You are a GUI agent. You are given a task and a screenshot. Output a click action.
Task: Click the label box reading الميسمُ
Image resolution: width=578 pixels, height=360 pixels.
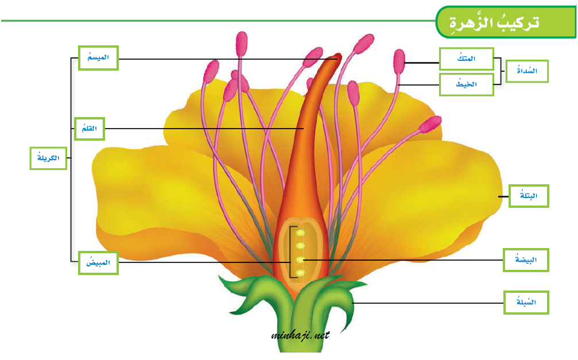[x=98, y=58]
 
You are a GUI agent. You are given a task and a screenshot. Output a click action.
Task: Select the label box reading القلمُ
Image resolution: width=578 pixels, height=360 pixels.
[x=90, y=128]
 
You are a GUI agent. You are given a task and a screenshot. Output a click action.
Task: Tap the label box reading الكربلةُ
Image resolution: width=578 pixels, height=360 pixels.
[x=48, y=158]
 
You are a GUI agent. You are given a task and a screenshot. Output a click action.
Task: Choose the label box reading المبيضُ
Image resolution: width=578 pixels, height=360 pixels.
[x=98, y=262]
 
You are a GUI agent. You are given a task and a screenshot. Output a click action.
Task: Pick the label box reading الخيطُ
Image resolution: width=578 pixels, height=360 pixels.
[x=466, y=84]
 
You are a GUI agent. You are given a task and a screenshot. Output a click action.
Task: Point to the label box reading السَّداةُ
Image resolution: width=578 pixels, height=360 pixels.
[x=526, y=71]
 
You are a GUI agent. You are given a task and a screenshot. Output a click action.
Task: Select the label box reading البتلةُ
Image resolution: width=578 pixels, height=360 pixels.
[x=529, y=196]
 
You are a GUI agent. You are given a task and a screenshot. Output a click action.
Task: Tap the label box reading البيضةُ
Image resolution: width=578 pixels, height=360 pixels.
[x=526, y=260]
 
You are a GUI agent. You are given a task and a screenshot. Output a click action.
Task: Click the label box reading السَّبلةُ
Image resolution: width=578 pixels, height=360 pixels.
[x=526, y=302]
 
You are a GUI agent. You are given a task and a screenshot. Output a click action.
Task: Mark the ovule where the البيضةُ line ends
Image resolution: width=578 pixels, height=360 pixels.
[x=300, y=260]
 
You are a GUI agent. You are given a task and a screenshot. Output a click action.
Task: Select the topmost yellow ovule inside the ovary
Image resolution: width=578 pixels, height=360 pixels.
[x=300, y=233]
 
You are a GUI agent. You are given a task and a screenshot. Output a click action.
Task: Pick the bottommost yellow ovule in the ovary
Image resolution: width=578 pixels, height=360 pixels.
[x=300, y=272]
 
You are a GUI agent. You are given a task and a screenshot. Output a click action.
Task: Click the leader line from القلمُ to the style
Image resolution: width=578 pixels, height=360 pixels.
[x=201, y=129]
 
